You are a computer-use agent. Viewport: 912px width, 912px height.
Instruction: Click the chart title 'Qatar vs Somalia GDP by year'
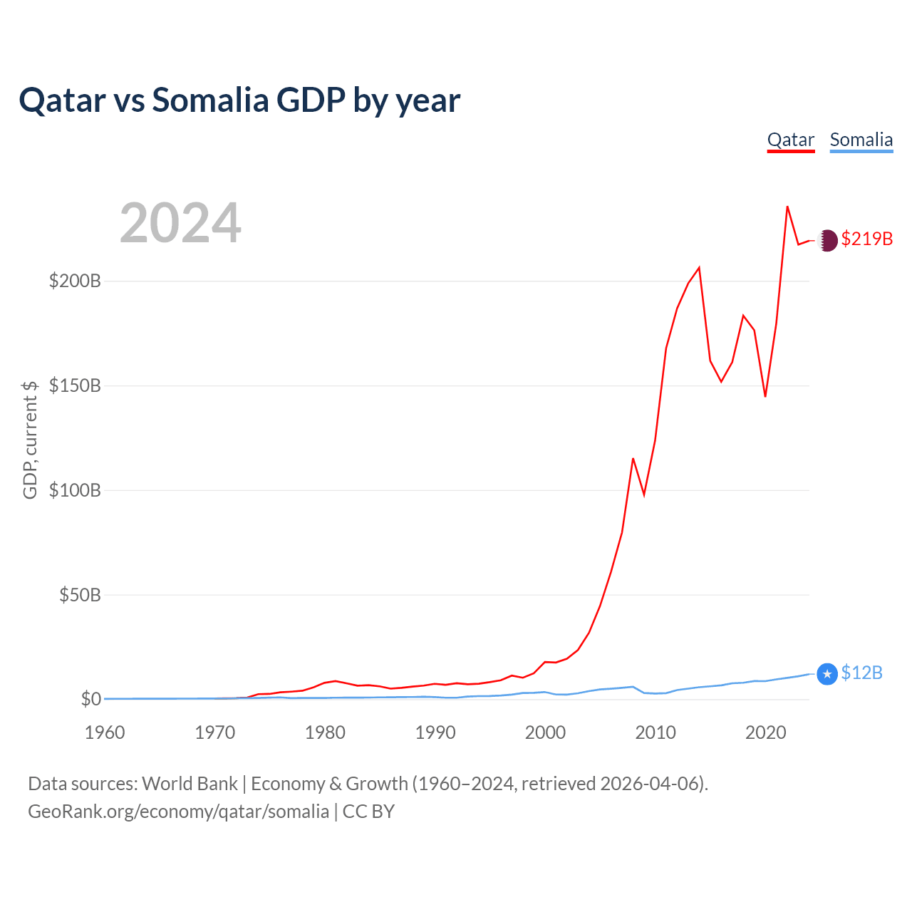[239, 100]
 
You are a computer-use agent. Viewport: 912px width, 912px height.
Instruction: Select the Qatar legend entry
[790, 140]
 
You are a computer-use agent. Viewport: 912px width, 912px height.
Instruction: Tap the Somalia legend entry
[861, 140]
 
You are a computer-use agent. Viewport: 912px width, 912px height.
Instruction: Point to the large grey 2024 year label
[180, 223]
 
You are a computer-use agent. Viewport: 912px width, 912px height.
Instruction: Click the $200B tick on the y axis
[75, 281]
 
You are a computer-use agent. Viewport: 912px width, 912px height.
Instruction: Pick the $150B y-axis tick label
[75, 385]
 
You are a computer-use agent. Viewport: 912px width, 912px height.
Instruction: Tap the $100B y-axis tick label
[75, 490]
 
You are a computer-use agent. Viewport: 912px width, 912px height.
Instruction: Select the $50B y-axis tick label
[80, 595]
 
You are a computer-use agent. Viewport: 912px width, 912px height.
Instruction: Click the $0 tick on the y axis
[90, 699]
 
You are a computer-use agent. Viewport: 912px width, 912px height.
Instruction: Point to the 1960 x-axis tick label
[105, 732]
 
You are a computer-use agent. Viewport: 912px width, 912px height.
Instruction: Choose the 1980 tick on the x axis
[325, 732]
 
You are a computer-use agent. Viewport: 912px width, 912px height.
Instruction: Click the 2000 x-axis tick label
[545, 732]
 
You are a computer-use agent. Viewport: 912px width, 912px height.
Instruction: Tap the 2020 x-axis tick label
[765, 732]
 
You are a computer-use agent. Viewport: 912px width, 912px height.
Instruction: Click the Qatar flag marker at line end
[827, 240]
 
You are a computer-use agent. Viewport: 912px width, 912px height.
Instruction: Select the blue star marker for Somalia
[826, 673]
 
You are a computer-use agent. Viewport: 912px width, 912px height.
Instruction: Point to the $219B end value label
[866, 239]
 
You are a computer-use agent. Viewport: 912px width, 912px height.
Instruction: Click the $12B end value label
[861, 673]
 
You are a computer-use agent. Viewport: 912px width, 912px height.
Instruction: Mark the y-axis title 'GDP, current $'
[30, 440]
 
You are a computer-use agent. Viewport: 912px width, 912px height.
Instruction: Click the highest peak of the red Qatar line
[787, 207]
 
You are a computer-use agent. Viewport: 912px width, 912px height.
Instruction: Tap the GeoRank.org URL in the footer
[178, 812]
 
